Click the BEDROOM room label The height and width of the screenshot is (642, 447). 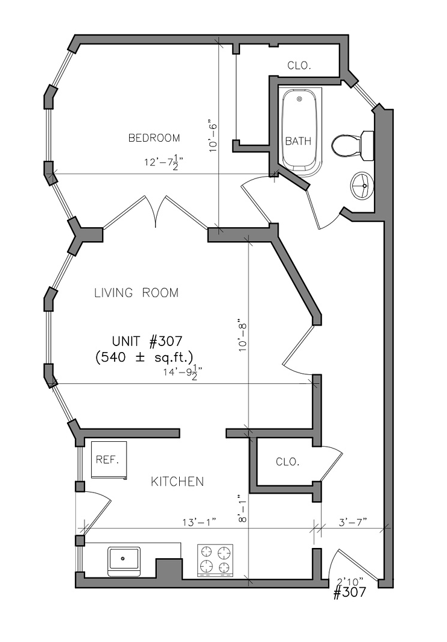[154, 138]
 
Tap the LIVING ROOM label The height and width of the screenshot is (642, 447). [136, 293]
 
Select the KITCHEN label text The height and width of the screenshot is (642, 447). [177, 482]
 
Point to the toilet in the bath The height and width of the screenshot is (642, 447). [352, 145]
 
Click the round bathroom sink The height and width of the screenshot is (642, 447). [362, 186]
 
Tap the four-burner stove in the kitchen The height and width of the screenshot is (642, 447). [215, 561]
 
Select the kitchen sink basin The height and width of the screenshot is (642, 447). [124, 559]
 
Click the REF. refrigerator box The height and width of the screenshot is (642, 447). [109, 460]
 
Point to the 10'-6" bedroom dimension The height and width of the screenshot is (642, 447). [214, 136]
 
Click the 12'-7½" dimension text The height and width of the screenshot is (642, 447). [163, 162]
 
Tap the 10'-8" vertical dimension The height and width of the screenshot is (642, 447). [243, 338]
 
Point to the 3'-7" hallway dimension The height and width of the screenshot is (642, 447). [353, 522]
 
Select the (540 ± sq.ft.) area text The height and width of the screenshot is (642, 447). [144, 357]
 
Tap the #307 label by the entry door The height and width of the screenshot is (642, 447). [350, 593]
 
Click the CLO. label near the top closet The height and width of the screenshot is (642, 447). [299, 66]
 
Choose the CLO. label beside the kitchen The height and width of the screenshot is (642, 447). [288, 462]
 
